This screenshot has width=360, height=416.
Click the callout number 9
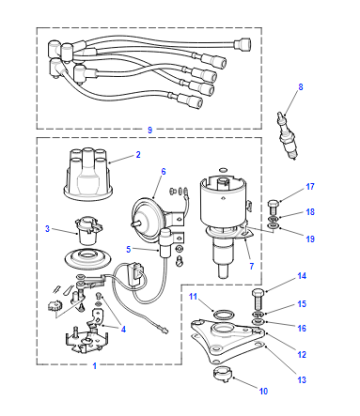click(150, 130)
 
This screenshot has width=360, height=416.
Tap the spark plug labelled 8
click(287, 136)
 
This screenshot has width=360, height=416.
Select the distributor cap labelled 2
click(88, 174)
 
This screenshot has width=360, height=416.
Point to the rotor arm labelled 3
click(87, 231)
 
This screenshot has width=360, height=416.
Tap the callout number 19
click(310, 239)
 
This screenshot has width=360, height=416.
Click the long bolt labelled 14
click(258, 299)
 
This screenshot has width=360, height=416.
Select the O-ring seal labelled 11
click(222, 314)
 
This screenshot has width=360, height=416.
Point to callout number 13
click(302, 380)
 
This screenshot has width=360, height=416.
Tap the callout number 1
click(94, 366)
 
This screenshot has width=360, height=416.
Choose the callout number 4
click(123, 329)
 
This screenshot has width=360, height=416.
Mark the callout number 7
click(251, 266)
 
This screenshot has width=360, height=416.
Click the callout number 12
click(302, 354)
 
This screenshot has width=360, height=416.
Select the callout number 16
click(302, 328)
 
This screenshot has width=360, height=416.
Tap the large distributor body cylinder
click(222, 203)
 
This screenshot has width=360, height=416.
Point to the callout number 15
click(302, 304)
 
